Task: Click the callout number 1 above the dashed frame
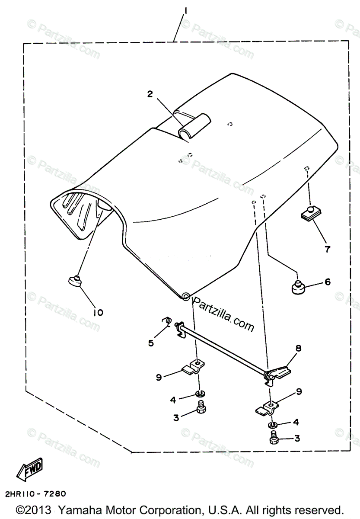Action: coord(185,10)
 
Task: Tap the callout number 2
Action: coord(150,94)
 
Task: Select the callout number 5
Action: coord(151,343)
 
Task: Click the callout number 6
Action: coord(327,282)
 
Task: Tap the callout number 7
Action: coord(298,348)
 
